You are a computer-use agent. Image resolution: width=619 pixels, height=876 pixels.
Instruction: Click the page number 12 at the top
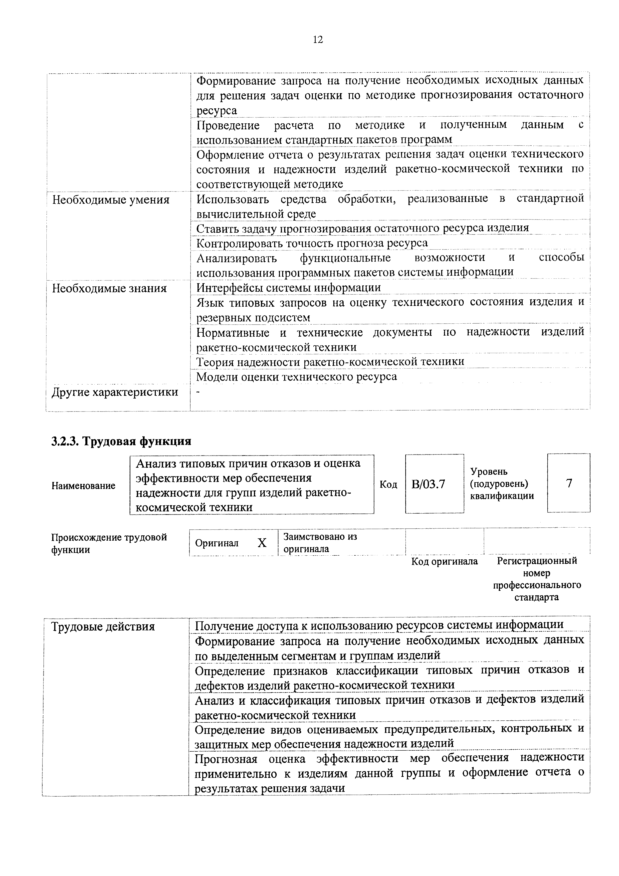[318, 40]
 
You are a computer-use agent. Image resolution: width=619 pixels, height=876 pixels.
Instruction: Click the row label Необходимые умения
[111, 200]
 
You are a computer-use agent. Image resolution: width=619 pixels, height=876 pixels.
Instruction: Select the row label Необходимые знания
[109, 288]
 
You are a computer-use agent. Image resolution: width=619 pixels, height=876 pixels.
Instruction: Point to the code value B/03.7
[428, 484]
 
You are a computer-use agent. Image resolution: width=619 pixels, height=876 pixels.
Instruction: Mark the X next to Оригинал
[262, 543]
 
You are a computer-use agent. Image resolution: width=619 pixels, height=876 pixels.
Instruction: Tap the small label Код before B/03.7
[388, 484]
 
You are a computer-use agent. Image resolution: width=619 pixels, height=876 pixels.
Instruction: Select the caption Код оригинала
[444, 561]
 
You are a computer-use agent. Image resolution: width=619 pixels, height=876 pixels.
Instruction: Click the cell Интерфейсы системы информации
[288, 287]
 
